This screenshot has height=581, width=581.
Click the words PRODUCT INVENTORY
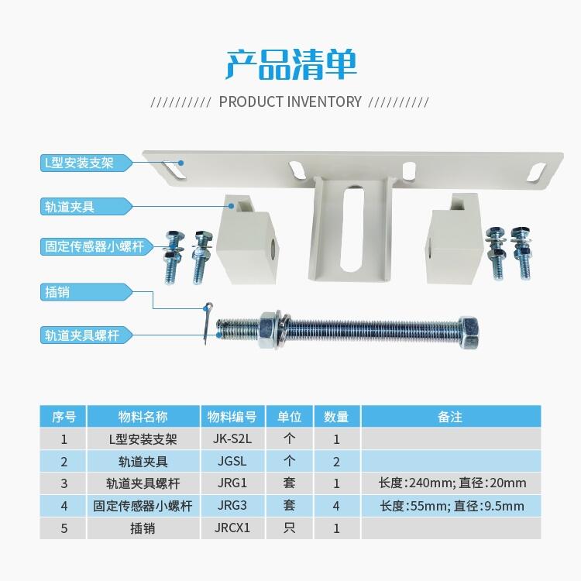[x=290, y=101]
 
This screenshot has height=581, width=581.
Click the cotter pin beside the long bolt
[x=207, y=323]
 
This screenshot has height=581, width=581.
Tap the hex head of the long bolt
[x=469, y=332]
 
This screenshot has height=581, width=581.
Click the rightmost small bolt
[x=521, y=253]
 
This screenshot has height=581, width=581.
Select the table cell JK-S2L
[x=232, y=439]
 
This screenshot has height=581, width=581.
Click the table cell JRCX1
[x=232, y=528]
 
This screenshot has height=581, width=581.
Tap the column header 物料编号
[x=232, y=417]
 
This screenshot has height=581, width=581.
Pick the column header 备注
[x=451, y=417]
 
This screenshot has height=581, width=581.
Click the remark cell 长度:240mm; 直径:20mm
[x=452, y=483]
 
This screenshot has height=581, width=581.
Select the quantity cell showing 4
[x=336, y=506]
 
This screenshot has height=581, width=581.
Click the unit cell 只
[x=290, y=528]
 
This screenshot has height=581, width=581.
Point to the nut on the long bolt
[x=269, y=330]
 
